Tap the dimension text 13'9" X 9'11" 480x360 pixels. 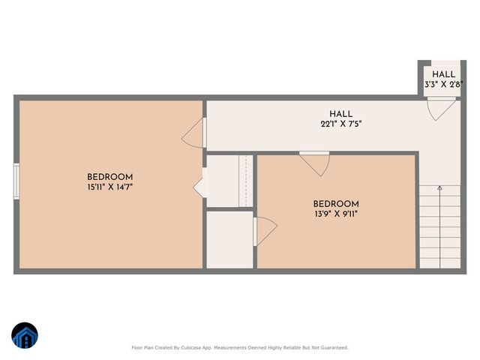pos(335,214)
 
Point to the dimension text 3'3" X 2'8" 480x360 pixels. pos(442,85)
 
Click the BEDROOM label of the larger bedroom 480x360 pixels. pos(109,177)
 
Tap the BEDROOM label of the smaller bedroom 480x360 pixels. pos(335,204)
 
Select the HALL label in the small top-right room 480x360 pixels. pos(443,74)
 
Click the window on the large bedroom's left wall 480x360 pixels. pos(16,181)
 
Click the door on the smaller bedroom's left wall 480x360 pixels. pos(264,230)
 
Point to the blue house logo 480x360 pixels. pos(24,336)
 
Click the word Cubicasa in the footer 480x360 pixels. pos(203,348)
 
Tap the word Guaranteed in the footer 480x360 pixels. pos(332,348)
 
